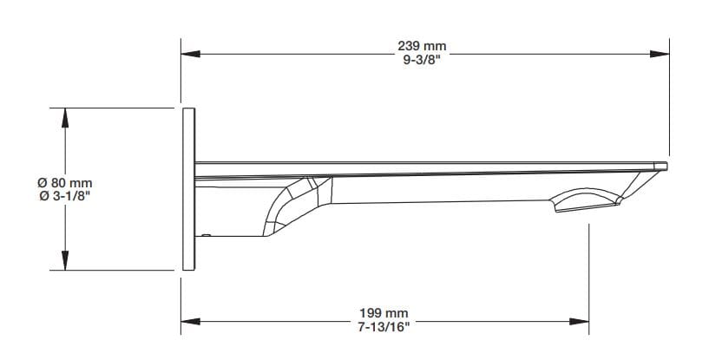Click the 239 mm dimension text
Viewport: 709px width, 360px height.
[x=423, y=45]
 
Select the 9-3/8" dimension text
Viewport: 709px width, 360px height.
[x=423, y=59]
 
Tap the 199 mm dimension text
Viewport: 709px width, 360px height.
[x=384, y=312]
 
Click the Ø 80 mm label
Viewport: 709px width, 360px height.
[x=64, y=183]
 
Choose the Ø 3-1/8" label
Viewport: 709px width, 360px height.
[x=64, y=196]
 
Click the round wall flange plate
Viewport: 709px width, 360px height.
[x=187, y=188]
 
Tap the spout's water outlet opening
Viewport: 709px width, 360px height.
[x=587, y=202]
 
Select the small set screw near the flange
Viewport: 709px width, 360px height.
[x=206, y=233]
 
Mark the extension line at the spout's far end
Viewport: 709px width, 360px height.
[x=670, y=95]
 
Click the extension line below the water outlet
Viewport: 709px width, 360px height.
[x=590, y=278]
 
